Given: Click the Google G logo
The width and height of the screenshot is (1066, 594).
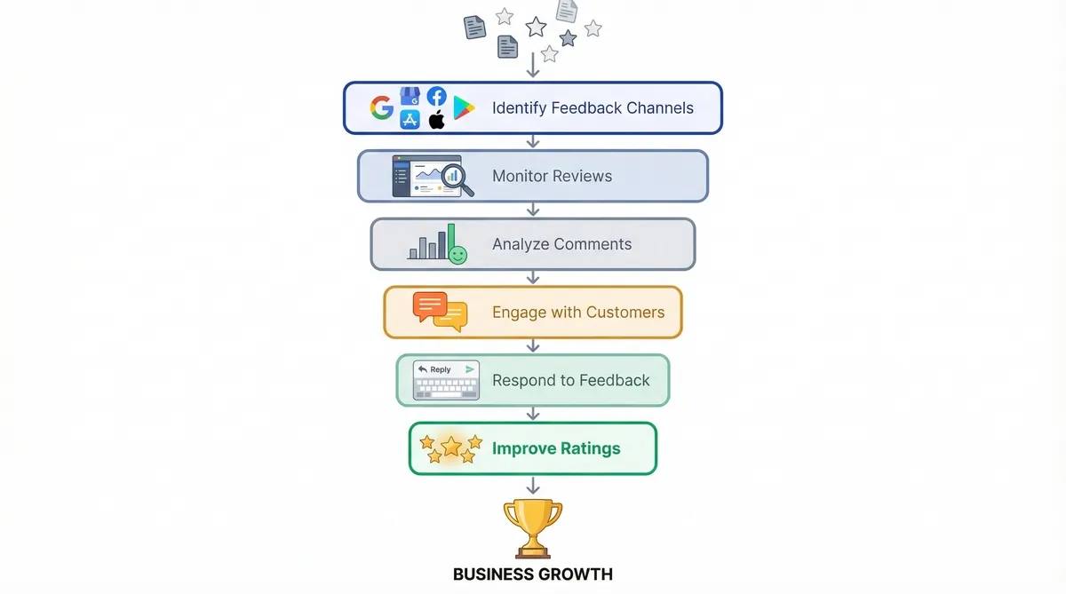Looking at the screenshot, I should tap(382, 107).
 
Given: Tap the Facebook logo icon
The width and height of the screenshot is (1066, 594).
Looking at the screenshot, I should tap(436, 96).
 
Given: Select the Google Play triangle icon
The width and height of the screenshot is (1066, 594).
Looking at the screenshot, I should tap(464, 108).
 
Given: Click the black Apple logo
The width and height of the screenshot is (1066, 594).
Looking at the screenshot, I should tap(436, 120).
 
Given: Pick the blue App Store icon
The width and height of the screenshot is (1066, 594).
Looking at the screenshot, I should tap(410, 120).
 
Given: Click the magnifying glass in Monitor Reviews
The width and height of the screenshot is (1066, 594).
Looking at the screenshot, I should tap(455, 175).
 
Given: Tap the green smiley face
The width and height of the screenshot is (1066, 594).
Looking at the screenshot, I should tap(457, 255).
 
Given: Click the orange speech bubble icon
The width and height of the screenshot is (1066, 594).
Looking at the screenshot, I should tap(431, 305).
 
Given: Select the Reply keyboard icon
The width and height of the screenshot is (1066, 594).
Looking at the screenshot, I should tap(446, 380).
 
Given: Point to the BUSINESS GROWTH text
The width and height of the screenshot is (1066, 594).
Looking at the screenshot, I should tap(533, 574).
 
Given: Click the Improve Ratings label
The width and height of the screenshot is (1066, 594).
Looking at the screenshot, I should tap(557, 448).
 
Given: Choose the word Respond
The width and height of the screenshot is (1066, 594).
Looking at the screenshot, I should tap(523, 380).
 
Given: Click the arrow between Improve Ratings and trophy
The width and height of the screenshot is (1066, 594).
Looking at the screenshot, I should tap(533, 486).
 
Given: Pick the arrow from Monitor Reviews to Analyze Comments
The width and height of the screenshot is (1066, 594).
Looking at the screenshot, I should tap(533, 210).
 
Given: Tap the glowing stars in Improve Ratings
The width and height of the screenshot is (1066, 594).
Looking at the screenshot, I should tap(450, 447).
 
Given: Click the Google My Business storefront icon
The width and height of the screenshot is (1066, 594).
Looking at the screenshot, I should tap(410, 96).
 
